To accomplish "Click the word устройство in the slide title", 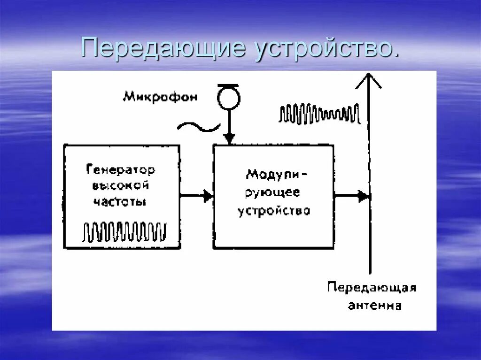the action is point(327,47).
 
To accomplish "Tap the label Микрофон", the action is point(160,97).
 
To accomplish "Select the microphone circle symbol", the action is point(228,98).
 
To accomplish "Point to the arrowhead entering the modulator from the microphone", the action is point(228,138).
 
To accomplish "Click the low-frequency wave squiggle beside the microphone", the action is point(199,126).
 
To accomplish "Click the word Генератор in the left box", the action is point(121,169).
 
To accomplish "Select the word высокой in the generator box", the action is point(120,185).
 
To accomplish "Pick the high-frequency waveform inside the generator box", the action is point(124,231).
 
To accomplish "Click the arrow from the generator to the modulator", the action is point(197,196).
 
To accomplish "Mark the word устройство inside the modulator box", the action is point(274,211).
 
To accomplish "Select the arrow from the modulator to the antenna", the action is point(351,196).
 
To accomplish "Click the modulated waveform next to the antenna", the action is point(319,114).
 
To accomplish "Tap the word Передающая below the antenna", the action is point(372,287).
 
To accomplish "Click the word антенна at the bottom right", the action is point(374,306).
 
